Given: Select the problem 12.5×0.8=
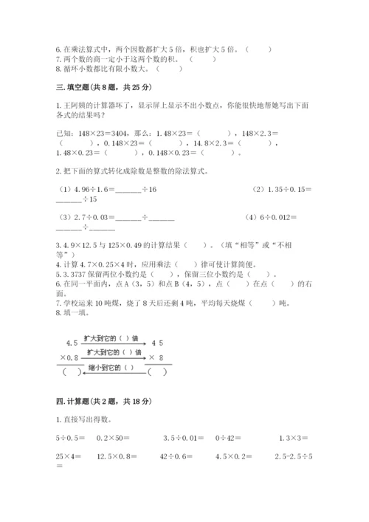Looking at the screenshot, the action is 118,457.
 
